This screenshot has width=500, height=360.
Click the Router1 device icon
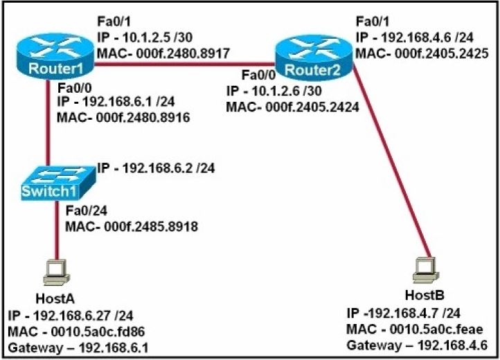[x=55, y=56]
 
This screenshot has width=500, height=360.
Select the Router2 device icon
[x=314, y=58]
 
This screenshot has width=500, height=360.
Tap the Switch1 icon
[x=58, y=183]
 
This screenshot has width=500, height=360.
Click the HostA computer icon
[x=57, y=272]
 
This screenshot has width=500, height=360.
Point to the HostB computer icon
[x=425, y=270]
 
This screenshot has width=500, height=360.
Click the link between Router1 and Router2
[x=185, y=64]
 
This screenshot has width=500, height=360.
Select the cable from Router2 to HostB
[x=392, y=160]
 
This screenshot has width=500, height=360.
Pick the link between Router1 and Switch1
[x=48, y=123]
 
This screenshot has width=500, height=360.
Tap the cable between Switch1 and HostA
[x=57, y=231]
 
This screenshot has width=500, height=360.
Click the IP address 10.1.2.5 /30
[x=145, y=37]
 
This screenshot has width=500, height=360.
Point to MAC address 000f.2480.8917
[x=163, y=53]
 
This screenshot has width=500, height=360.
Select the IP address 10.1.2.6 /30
[x=274, y=91]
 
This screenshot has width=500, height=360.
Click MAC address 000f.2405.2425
[x=422, y=53]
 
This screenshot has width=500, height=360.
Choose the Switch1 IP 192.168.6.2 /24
[x=156, y=168]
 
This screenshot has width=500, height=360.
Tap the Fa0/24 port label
[x=87, y=210]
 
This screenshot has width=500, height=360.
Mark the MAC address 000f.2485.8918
[x=132, y=226]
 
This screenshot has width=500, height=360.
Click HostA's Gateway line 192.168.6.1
[x=78, y=348]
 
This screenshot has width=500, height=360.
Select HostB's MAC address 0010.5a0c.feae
[x=415, y=329]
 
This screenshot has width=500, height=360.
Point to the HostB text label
[x=425, y=296]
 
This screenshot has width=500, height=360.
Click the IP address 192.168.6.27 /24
[x=71, y=316]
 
